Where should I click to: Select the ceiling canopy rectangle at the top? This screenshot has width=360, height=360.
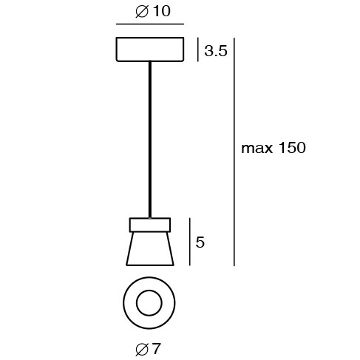point(149,49)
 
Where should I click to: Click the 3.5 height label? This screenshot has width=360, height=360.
point(215,51)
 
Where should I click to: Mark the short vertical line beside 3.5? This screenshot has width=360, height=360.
point(197,50)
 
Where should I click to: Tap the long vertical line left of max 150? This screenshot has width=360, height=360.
point(234,152)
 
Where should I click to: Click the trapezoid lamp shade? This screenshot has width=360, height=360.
point(150,248)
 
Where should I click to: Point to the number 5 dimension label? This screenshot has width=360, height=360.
point(200,242)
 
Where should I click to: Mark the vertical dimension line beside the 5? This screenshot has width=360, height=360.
point(190,242)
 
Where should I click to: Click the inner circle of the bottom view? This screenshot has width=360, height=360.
point(149,303)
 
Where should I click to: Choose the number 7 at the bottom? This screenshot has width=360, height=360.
point(156,347)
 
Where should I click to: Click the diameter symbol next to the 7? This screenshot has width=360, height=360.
point(143,347)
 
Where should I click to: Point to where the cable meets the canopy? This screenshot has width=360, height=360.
point(150,62)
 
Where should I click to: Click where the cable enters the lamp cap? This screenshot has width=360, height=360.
point(150,218)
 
